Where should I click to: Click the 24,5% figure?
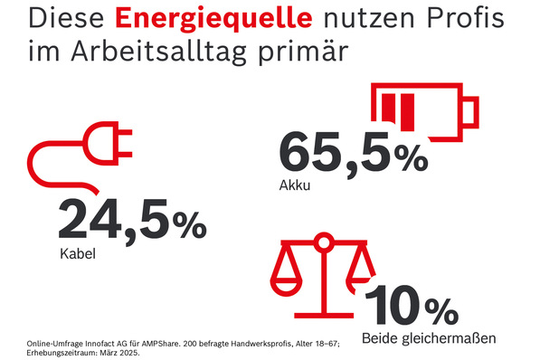coord(132,223)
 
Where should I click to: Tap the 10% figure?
coord(412,308)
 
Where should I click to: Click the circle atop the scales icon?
coord(321,242)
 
